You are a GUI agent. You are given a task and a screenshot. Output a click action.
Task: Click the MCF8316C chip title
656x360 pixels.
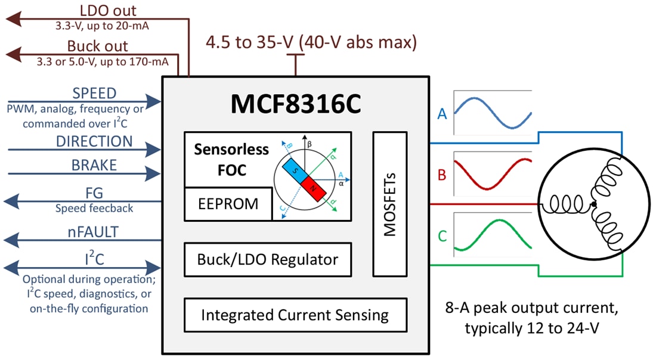(296, 105)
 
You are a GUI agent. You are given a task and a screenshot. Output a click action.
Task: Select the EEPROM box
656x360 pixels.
(228, 204)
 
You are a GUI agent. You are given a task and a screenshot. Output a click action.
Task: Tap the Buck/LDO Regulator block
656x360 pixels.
(267, 259)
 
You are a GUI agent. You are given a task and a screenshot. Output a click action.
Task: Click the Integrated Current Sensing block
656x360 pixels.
(295, 315)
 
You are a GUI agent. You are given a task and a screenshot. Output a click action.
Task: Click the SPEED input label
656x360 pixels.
(94, 94)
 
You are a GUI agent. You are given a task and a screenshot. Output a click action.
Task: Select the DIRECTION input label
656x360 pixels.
(94, 142)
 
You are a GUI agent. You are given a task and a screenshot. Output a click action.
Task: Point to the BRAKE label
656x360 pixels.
(94, 165)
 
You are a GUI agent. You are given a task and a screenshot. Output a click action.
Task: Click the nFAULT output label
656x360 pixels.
(94, 232)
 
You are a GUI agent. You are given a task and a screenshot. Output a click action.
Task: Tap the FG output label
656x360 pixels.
(94, 194)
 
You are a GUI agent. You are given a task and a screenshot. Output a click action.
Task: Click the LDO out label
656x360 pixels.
(108, 11)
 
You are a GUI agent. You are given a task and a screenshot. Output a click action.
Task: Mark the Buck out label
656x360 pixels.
(97, 46)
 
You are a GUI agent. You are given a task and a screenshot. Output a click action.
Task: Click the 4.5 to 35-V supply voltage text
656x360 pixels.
(311, 42)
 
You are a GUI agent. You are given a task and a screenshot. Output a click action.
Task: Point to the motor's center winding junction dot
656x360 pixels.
(593, 204)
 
